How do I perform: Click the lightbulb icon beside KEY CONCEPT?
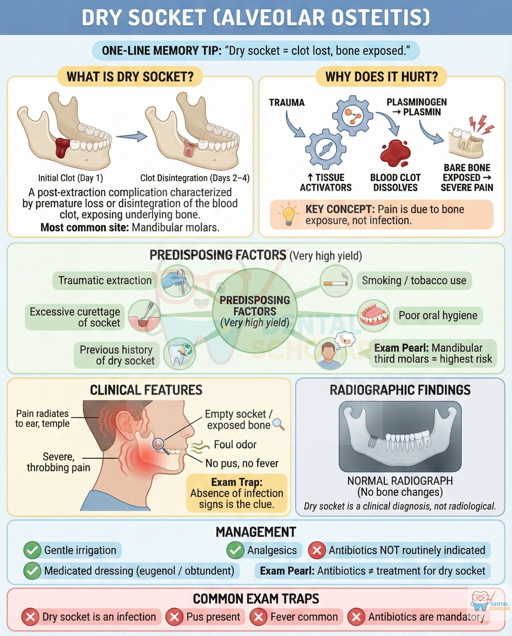288,214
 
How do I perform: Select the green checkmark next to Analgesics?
235,550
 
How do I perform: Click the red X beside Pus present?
174,617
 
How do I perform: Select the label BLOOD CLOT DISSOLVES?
395,183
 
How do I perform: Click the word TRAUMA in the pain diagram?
287,102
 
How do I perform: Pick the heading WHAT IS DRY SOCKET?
130,76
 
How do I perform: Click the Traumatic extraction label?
105,280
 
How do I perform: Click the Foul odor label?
235,444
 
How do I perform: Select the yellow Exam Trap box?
237,493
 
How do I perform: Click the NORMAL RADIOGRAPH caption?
400,481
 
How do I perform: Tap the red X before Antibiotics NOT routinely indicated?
316,550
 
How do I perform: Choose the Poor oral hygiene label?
438,316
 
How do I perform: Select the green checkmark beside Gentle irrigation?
32,550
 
